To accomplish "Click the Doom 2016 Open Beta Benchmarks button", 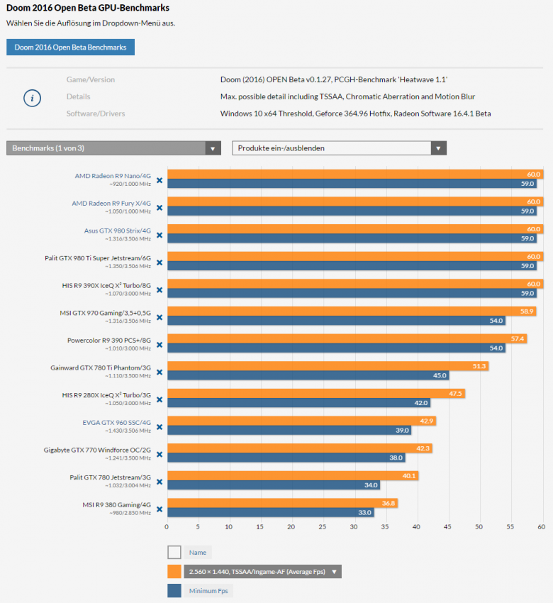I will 70,47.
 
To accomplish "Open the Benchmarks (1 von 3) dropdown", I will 113,148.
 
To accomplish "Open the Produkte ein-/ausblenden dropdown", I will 339,148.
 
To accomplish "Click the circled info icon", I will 32,98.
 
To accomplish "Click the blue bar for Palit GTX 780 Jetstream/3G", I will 273,485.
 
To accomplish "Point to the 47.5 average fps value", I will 456,393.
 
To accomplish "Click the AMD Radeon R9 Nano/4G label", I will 113,176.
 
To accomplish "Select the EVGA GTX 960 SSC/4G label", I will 116,421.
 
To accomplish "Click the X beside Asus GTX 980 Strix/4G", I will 160,235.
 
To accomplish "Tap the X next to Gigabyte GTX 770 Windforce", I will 160,453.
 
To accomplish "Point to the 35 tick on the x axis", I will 385,526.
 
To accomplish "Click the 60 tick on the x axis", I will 541,526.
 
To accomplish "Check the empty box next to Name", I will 174,552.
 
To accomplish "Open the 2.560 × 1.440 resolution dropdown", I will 262,572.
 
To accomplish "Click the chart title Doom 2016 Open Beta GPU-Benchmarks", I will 88,8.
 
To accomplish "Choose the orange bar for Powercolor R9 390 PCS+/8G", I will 347,338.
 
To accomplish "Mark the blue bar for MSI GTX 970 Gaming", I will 336,321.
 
